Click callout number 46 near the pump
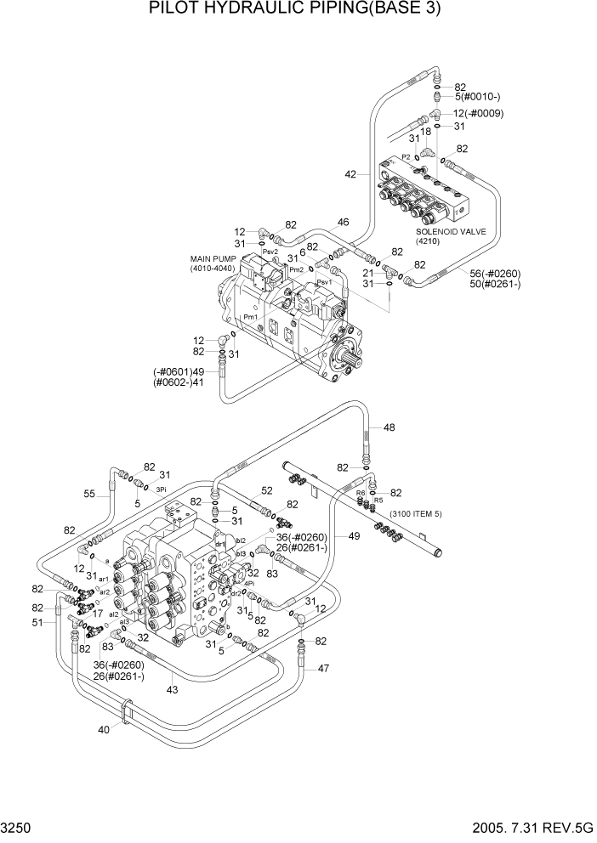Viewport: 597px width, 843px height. (x=343, y=223)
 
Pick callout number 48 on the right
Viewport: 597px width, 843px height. (x=389, y=427)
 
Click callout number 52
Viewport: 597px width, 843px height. (x=266, y=490)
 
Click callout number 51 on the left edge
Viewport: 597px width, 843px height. (x=37, y=622)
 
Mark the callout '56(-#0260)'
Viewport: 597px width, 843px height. (x=495, y=273)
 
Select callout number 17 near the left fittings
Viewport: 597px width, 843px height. (x=98, y=614)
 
